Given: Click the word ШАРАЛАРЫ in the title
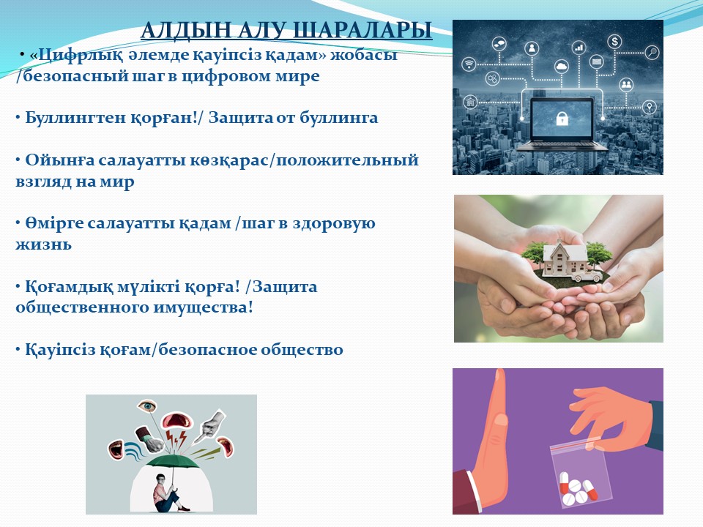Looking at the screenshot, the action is tap(362, 31).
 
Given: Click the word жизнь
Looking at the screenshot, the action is tap(43, 244).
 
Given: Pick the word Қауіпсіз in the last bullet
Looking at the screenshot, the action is tap(60, 350).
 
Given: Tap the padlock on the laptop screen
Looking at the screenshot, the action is tap(562, 119).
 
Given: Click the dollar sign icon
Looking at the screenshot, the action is tap(614, 42).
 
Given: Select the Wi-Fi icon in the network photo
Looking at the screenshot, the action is tap(469, 64).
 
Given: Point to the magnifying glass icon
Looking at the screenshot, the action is tap(652, 53).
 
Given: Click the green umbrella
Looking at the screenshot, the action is tap(173, 463).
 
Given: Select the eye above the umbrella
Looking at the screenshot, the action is tap(147, 406).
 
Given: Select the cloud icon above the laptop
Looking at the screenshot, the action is tap(562, 67).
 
